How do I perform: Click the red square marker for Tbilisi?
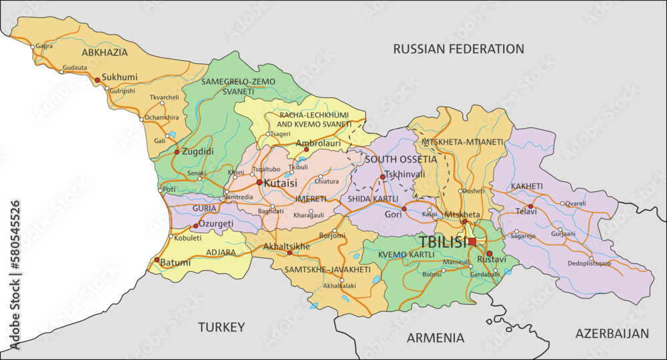click(472, 241)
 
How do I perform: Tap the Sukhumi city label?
click(119, 77)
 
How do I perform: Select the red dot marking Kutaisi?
click(259, 182)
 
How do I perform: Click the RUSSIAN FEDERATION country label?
click(458, 49)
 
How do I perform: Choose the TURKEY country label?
click(221, 327)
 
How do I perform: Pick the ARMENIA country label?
click(436, 338)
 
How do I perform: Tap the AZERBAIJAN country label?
click(612, 333)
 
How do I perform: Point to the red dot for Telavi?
click(530, 207)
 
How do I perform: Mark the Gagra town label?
click(45, 47)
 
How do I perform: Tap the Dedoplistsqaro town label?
click(590, 263)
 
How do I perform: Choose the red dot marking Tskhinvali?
click(382, 177)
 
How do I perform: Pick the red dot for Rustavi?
click(489, 253)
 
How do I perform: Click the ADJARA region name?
click(220, 253)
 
